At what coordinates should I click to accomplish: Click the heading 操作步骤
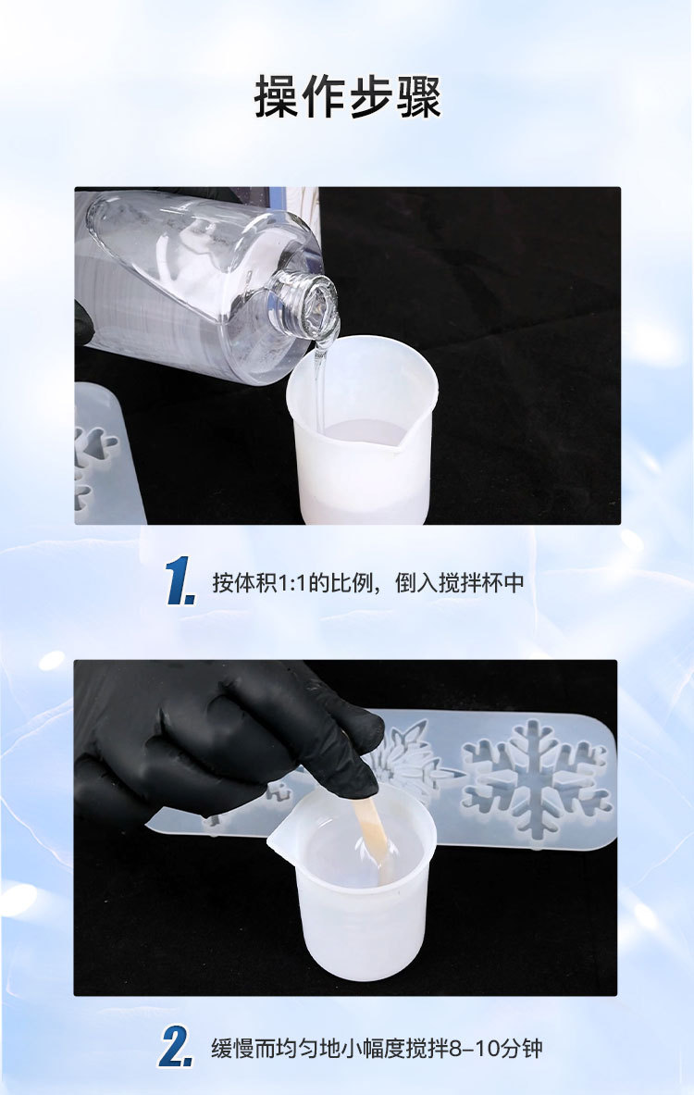[x=347, y=97]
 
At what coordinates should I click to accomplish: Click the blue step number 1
[x=180, y=582]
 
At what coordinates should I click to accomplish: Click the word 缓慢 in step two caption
[x=230, y=1049]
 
